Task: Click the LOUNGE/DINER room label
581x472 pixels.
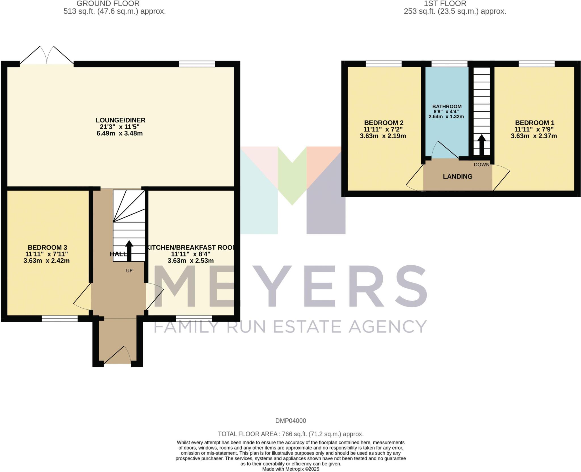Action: (120, 120)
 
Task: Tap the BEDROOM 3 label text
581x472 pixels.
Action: (47, 247)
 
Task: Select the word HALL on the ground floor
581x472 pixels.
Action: (118, 254)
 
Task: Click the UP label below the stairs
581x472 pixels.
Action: (129, 271)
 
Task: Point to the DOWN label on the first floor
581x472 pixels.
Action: (481, 165)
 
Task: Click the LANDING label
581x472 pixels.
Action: (458, 177)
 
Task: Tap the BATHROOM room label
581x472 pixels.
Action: (447, 107)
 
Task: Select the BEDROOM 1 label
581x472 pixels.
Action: (534, 123)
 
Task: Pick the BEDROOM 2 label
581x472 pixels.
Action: (384, 123)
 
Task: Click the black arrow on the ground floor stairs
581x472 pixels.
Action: (129, 251)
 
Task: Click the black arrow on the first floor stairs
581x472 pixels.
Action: (481, 145)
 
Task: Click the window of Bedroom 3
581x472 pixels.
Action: (60, 319)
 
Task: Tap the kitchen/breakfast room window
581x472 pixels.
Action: (194, 319)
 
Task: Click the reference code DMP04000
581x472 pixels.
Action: (290, 421)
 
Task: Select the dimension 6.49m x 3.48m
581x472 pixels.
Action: (119, 133)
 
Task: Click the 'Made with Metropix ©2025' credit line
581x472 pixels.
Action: (290, 469)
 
